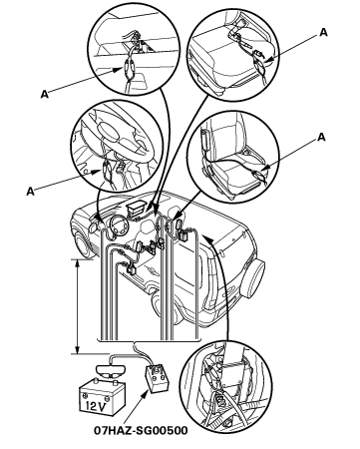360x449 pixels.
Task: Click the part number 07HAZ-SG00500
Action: [141, 431]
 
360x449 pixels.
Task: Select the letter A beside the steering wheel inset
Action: [30, 192]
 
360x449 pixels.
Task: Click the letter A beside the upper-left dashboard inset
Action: [45, 94]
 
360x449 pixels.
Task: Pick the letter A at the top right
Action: [323, 33]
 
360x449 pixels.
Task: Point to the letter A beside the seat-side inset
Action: [321, 137]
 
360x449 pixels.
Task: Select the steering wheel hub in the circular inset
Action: [111, 129]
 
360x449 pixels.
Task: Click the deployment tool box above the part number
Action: [157, 378]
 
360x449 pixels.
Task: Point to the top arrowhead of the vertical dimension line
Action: [77, 262]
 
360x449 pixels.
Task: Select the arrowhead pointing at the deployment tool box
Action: [145, 394]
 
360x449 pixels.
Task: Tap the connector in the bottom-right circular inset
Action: [219, 397]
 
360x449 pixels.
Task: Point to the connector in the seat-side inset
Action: [257, 175]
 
